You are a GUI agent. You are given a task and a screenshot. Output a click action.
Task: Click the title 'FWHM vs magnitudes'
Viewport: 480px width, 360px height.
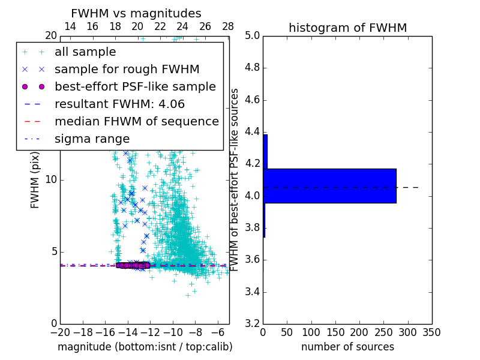click(x=136, y=13)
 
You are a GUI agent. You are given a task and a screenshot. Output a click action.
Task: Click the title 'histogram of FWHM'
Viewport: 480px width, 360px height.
click(x=347, y=28)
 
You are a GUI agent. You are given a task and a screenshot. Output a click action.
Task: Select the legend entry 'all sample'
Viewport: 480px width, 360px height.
click(x=85, y=52)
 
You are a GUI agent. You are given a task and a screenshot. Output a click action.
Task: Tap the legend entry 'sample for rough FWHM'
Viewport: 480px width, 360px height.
click(x=127, y=69)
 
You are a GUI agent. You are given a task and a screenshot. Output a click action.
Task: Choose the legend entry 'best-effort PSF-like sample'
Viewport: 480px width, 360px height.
click(x=135, y=86)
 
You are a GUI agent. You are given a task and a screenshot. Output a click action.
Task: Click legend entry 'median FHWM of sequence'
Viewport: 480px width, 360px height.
click(x=136, y=121)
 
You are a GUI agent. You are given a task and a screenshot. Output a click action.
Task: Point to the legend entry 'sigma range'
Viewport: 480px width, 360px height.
click(x=92, y=139)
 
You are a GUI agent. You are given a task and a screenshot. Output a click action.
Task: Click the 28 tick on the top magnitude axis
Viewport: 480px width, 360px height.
click(x=228, y=26)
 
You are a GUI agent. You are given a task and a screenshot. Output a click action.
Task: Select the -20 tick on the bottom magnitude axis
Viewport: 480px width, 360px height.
click(x=60, y=332)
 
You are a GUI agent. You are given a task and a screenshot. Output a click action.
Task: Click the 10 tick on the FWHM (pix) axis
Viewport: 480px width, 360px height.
click(x=51, y=179)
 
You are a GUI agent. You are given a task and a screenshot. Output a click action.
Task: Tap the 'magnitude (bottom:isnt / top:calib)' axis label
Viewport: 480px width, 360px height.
click(x=145, y=347)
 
